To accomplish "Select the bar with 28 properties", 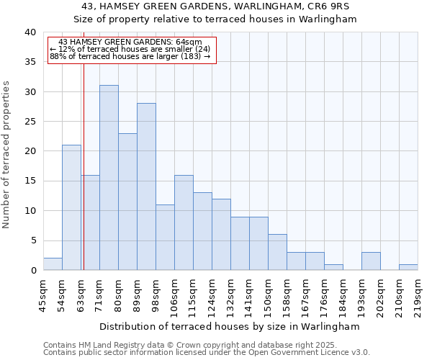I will tap(146, 186).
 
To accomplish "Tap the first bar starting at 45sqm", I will tap(53, 264).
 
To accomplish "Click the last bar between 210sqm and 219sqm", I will tap(408, 267).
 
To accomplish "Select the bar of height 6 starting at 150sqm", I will tap(277, 253).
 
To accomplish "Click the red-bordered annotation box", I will tap(132, 49).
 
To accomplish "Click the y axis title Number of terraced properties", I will tap(7, 155).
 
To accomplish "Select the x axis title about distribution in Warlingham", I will tap(230, 326).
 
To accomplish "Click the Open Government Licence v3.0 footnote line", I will tap(206, 352).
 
